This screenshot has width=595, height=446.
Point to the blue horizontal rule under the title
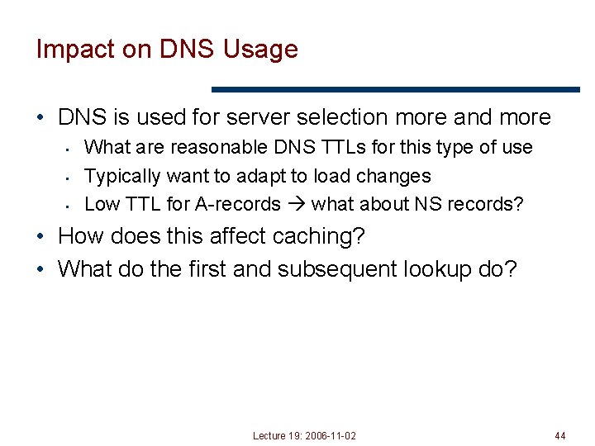396,89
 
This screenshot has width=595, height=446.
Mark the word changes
396,176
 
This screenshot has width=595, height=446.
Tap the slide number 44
560,435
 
